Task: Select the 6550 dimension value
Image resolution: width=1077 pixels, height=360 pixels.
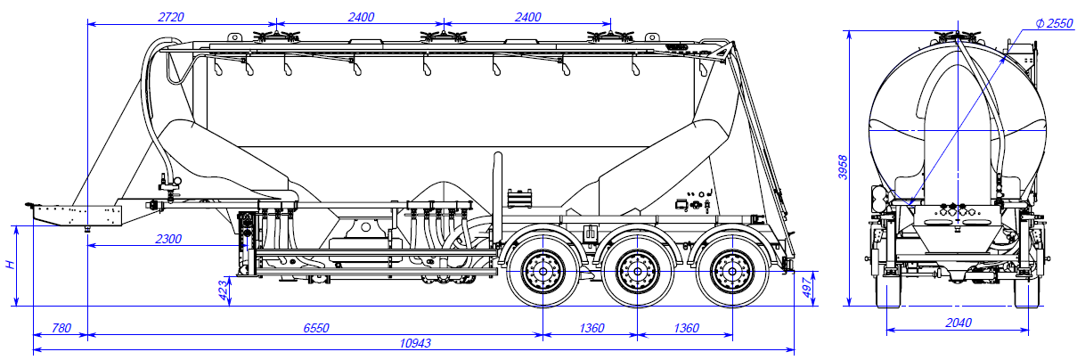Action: [315, 328]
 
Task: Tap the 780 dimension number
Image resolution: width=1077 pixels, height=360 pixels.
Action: [61, 328]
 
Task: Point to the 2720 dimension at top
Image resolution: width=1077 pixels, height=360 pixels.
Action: [170, 17]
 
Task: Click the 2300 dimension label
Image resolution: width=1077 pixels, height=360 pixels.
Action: [167, 238]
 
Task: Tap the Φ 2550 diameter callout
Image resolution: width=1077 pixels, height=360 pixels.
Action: [1055, 24]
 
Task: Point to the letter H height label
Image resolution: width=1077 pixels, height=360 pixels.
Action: [9, 266]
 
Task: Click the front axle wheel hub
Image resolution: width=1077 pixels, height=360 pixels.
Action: [541, 267]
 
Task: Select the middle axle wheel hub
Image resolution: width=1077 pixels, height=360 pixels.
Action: [636, 267]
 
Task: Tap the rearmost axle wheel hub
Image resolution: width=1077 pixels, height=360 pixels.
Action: [732, 267]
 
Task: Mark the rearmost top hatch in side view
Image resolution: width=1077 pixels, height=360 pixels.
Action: [609, 37]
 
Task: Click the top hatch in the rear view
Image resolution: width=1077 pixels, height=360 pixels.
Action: [957, 37]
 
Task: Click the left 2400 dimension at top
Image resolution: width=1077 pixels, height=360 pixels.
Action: [360, 17]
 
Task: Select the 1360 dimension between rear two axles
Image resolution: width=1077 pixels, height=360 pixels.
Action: [685, 328]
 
